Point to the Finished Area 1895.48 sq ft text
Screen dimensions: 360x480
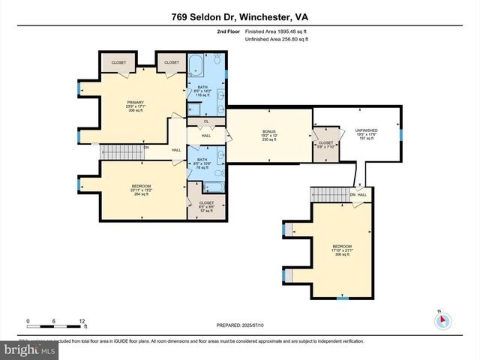276,32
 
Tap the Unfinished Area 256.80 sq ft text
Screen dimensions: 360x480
277,40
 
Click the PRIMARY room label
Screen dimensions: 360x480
135,102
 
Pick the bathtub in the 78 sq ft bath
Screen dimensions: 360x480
214,188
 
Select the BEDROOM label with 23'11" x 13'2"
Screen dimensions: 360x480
141,186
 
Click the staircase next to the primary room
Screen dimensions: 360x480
121,152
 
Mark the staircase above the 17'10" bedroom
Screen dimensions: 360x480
329,194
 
